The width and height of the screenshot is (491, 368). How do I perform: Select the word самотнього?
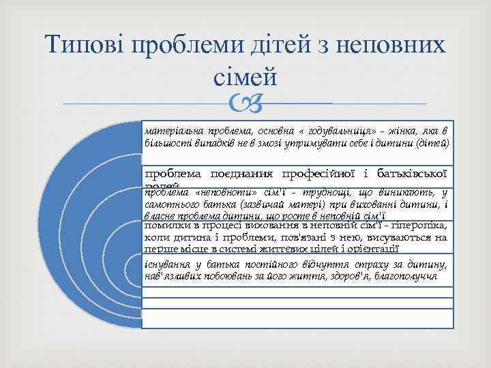[172, 204]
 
